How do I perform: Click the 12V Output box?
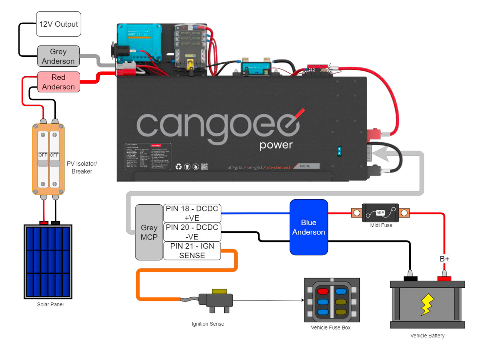point(58,24)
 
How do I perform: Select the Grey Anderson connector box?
point(58,56)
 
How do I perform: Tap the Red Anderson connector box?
point(58,82)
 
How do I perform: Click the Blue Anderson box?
point(309,227)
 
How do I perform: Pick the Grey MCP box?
point(149,232)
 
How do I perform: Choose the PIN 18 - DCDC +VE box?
point(192,213)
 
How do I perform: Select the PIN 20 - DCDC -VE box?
point(192,232)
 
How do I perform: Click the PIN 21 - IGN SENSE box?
point(192,251)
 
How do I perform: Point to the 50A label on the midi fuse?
point(380,213)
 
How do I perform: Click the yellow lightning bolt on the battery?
point(427,304)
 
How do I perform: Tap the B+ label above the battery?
point(444,259)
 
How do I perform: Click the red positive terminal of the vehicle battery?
point(444,278)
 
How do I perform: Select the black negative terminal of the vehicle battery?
point(410,278)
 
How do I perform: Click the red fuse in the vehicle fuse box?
point(323,291)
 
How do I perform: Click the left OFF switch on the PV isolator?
point(43,155)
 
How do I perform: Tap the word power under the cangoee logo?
point(276,145)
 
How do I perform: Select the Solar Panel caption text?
point(50,305)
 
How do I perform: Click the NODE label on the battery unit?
point(305,166)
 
